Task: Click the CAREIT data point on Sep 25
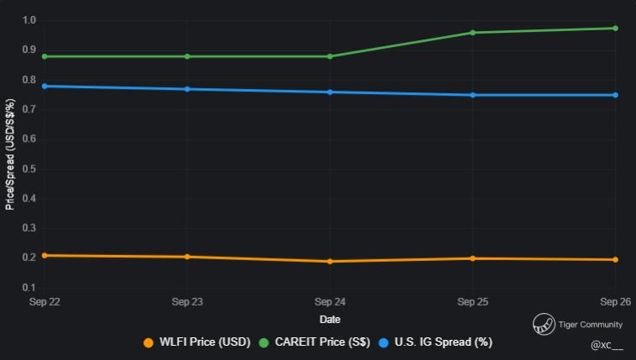pyautogui.click(x=473, y=33)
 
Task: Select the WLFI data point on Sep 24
pyautogui.click(x=330, y=261)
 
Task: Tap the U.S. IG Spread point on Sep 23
pyautogui.click(x=187, y=89)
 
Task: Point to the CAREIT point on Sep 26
pyautogui.click(x=615, y=29)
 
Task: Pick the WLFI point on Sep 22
pyautogui.click(x=44, y=255)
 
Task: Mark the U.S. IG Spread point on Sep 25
pyautogui.click(x=473, y=95)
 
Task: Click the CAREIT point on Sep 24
pyautogui.click(x=330, y=56)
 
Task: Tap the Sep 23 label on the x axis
pyautogui.click(x=187, y=300)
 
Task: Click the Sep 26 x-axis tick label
pyautogui.click(x=616, y=300)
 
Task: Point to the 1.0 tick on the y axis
pyautogui.click(x=29, y=20)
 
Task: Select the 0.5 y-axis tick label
pyautogui.click(x=29, y=169)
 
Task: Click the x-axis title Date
pyautogui.click(x=330, y=320)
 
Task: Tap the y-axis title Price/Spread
pyautogui.click(x=10, y=154)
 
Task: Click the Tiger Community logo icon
pyautogui.click(x=544, y=325)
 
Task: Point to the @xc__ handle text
pyautogui.click(x=607, y=345)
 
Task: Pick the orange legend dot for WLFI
pyautogui.click(x=149, y=342)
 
